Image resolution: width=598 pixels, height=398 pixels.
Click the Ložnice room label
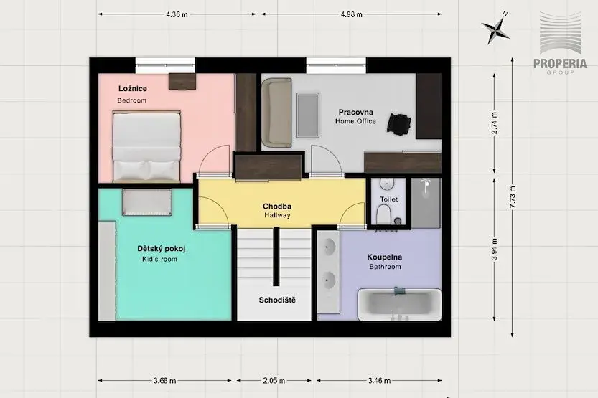pos(132,89)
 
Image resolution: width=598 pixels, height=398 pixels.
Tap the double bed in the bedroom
pos(146,146)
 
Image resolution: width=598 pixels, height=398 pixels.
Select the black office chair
pos(399,124)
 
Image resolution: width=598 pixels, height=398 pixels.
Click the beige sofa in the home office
pos(277,113)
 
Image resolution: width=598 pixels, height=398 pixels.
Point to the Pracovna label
pos(356,112)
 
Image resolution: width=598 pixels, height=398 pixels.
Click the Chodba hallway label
pos(277,207)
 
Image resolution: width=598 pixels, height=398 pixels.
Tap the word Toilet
pos(389,199)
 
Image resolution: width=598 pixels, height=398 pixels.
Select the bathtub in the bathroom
pos(399,304)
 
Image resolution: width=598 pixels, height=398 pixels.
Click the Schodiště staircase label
pos(277,300)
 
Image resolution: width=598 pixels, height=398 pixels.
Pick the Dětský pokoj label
pos(162,249)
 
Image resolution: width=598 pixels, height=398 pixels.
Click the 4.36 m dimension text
pos(177,14)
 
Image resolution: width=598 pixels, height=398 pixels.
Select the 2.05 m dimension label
pos(274,381)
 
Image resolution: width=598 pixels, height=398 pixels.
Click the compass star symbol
pos(496,29)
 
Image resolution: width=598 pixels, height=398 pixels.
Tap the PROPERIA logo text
pos(560,64)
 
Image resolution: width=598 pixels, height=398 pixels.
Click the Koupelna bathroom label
pos(385,257)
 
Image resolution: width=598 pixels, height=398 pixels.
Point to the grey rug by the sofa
pos(308,115)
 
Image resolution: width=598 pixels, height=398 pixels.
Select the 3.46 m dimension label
pos(379,381)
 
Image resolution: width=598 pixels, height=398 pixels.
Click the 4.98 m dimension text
pos(351,14)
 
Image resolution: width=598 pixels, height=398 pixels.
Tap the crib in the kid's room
pos(147,202)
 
